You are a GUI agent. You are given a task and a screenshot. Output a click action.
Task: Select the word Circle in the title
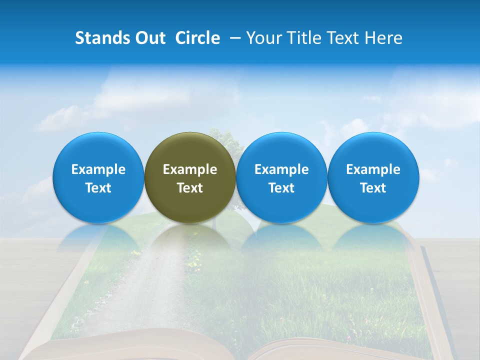pos(197,38)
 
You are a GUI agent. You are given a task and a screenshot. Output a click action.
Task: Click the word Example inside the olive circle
pos(190,169)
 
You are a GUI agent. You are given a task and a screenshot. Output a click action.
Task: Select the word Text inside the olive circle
pos(190,188)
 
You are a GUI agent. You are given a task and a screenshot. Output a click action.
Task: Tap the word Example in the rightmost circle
pos(373,169)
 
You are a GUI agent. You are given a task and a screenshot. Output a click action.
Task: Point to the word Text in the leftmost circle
pos(98,188)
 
